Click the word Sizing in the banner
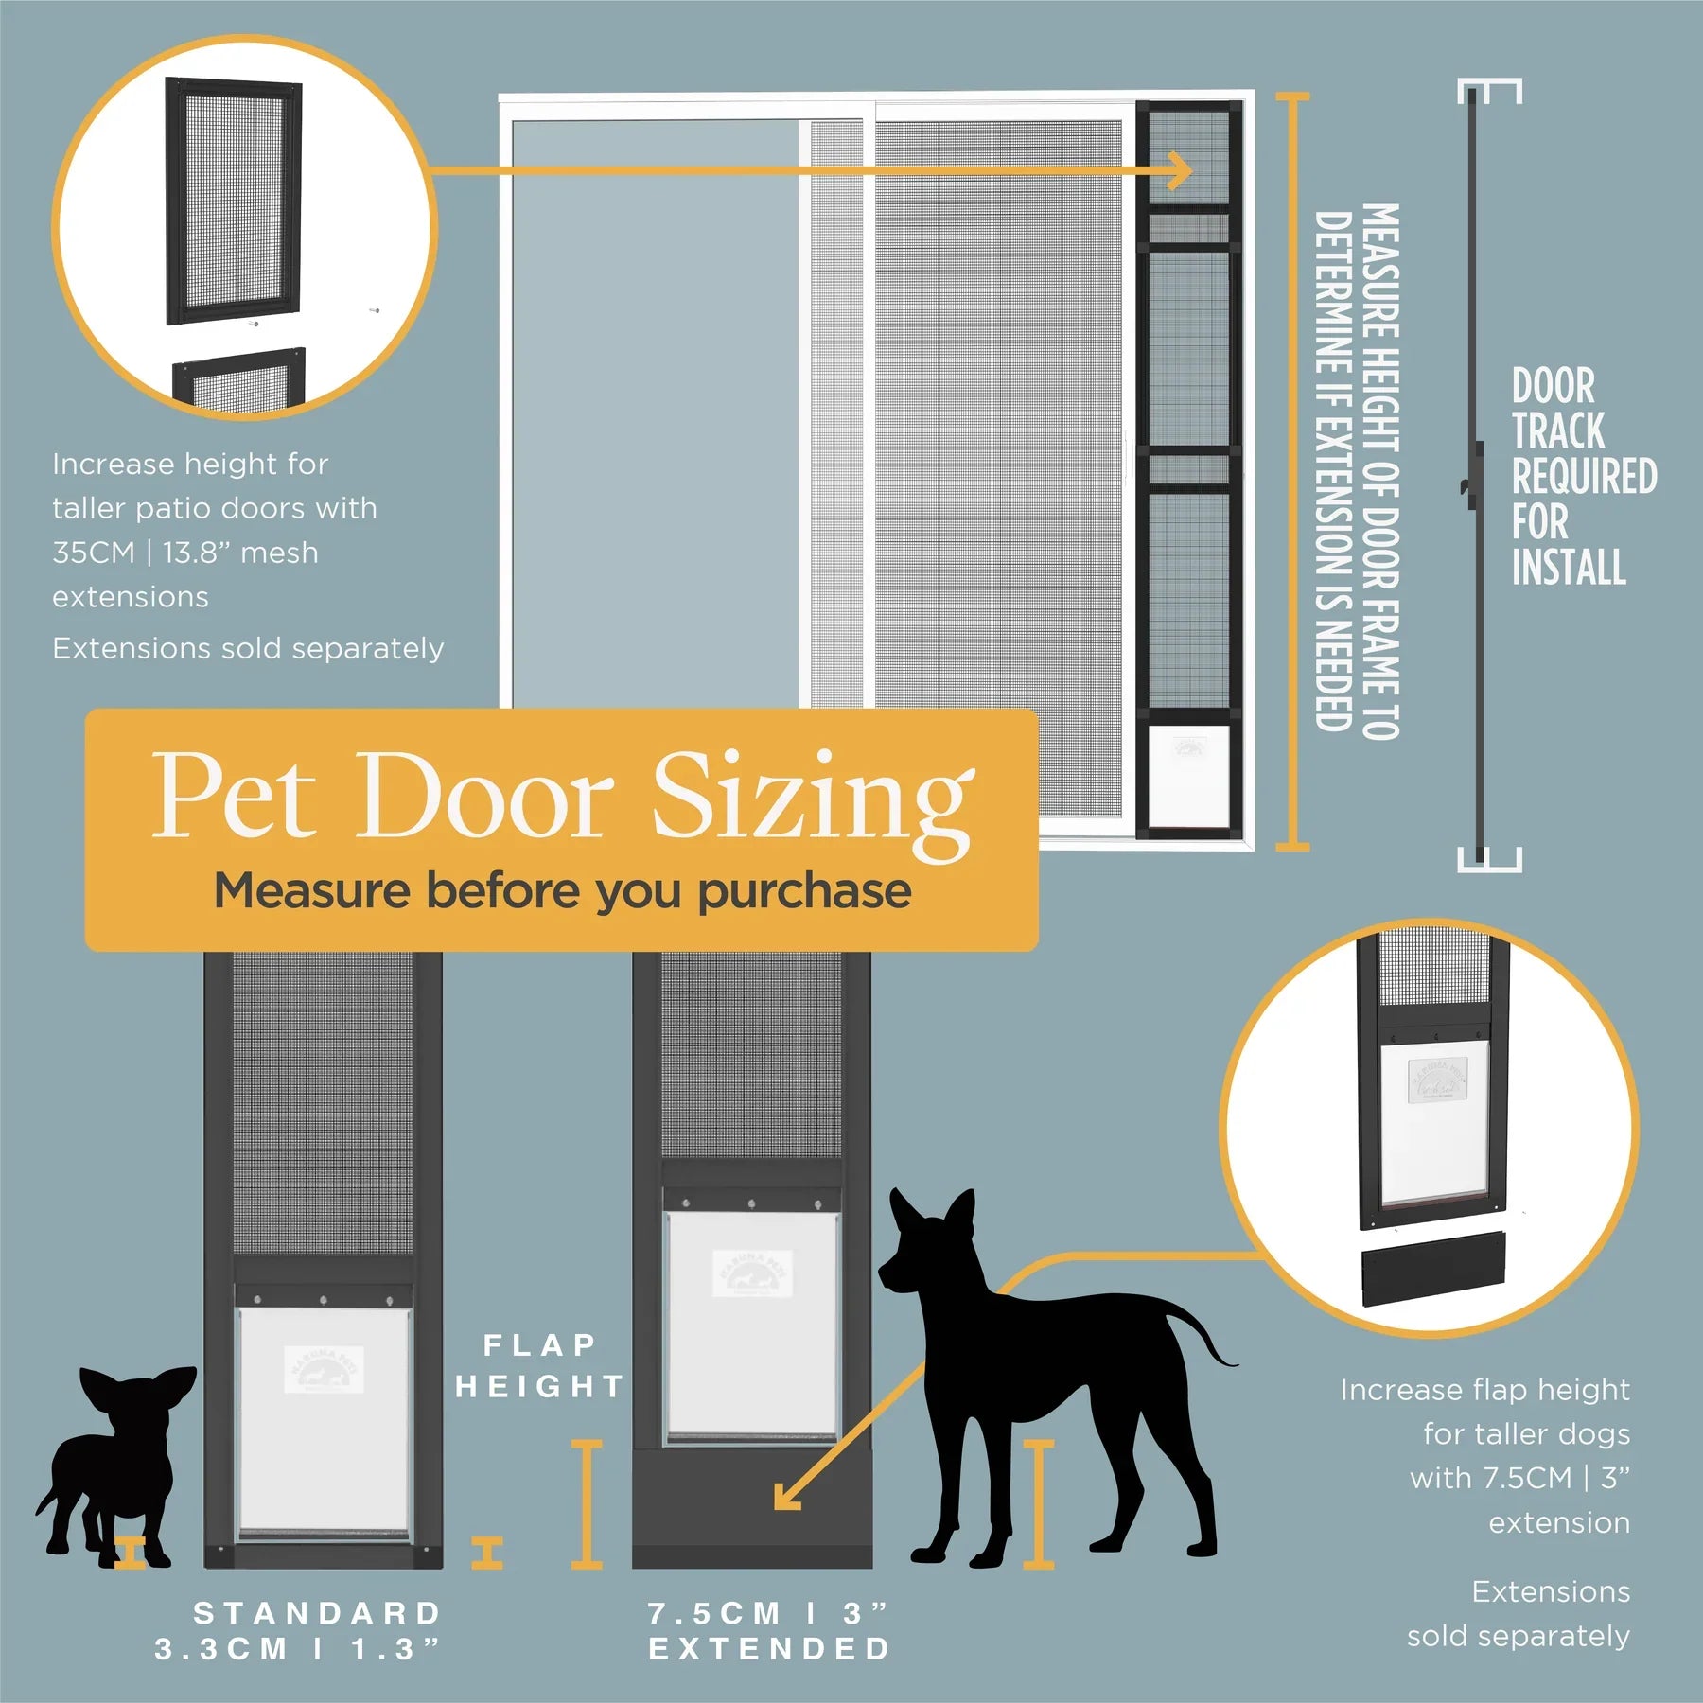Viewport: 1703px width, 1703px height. pos(812,799)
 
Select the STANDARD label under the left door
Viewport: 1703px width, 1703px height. pos(318,1613)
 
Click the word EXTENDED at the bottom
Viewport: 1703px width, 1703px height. pos(770,1649)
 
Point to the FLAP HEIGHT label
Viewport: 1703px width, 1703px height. pos(539,1366)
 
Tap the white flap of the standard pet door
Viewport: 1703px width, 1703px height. pos(323,1419)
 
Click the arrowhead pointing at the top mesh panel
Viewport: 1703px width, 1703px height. pos(1181,171)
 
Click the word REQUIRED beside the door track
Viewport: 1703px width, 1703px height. pos(1584,476)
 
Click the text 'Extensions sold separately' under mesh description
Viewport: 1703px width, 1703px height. pos(248,648)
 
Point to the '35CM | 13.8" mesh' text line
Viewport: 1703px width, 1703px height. pos(185,553)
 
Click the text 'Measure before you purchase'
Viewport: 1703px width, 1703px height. pos(562,890)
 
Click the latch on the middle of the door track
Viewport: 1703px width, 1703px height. pos(1469,485)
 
